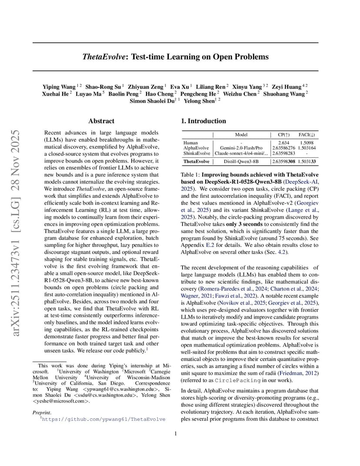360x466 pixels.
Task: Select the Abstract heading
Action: pyautogui.click(x=101, y=121)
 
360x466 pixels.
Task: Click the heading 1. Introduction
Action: pyautogui.click(x=203, y=121)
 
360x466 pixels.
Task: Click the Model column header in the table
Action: pyautogui.click(x=241, y=135)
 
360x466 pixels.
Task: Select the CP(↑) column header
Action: pyautogui.click(x=284, y=135)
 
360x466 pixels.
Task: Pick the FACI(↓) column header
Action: pyautogui.click(x=307, y=135)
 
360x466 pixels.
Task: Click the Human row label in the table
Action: pyautogui.click(x=190, y=143)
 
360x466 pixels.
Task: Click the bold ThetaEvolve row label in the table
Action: pyautogui.click(x=196, y=161)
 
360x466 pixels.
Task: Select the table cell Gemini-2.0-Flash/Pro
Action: pyautogui.click(x=241, y=148)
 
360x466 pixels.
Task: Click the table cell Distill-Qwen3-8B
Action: pyautogui.click(x=241, y=161)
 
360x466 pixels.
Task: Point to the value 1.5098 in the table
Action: pyautogui.click(x=307, y=143)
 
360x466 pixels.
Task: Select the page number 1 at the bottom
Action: pyautogui.click(x=175, y=433)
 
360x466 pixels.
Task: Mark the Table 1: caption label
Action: pyautogui.click(x=190, y=174)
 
